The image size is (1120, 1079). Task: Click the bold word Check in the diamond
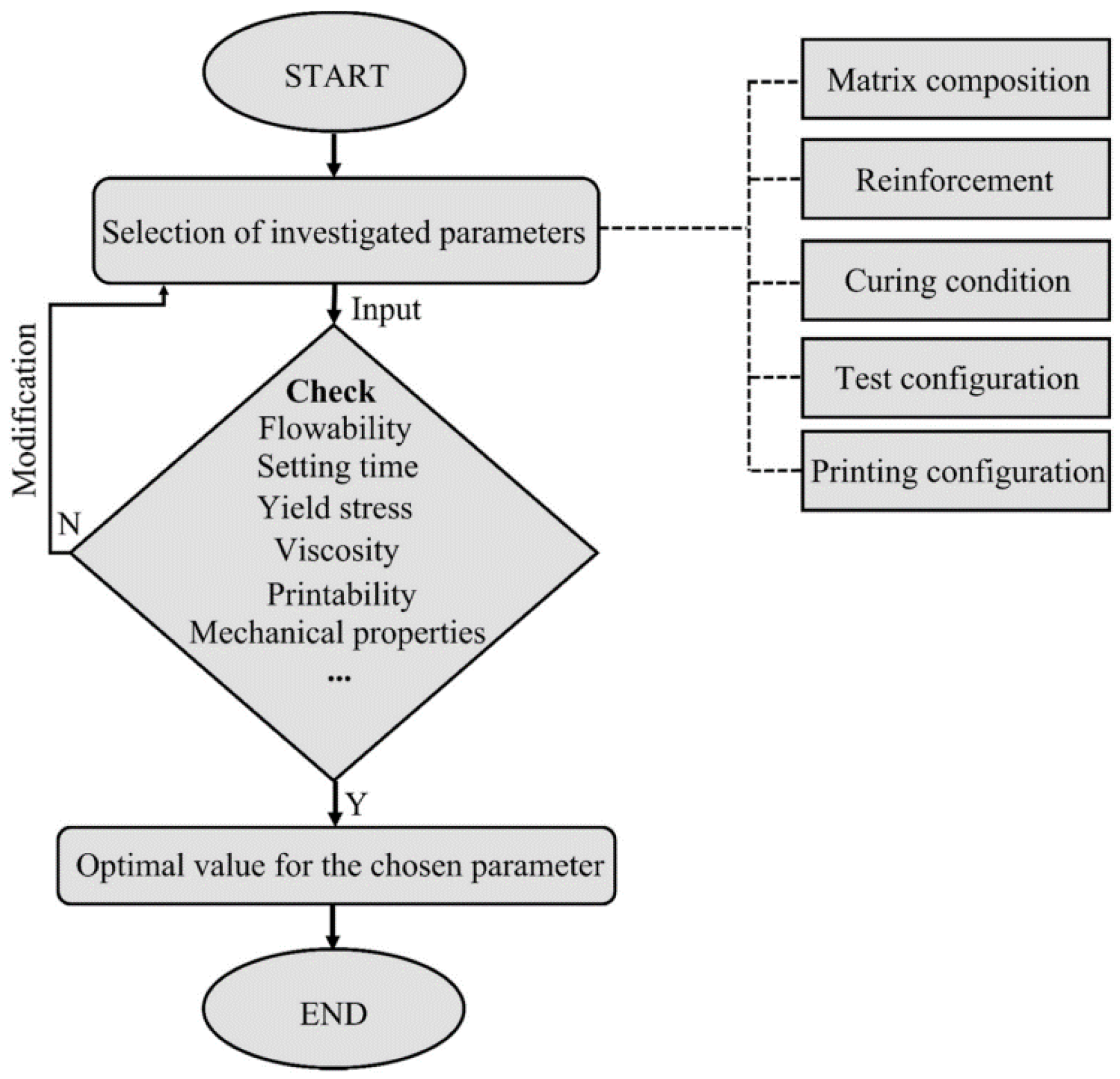click(x=330, y=391)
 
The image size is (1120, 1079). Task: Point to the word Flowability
click(x=334, y=428)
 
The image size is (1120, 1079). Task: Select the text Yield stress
click(x=335, y=508)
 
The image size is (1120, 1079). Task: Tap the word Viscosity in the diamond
click(x=337, y=550)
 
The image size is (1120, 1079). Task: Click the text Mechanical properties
click(x=337, y=633)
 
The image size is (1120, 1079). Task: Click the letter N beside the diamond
click(x=69, y=524)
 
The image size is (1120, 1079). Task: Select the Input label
click(x=386, y=310)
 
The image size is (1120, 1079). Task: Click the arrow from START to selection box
click(x=334, y=154)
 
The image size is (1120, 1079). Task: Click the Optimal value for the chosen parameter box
click(x=337, y=866)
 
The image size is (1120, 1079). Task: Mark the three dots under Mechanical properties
click(x=339, y=677)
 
